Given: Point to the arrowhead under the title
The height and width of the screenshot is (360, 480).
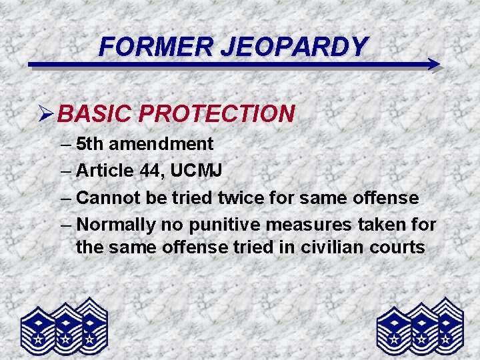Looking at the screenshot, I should (433, 65).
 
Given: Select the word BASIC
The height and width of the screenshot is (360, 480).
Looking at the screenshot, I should (95, 114).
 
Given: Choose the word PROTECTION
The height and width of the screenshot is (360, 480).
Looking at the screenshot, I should (217, 114).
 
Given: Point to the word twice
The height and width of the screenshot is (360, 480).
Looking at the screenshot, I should (238, 198).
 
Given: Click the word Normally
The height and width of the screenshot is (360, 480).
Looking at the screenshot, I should (118, 225).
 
